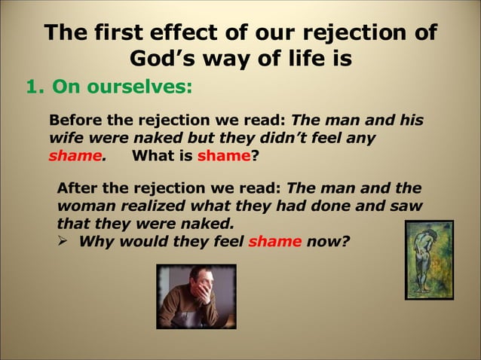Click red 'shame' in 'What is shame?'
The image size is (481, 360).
click(223, 157)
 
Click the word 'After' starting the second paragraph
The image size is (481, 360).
click(78, 188)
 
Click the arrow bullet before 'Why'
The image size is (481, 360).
click(64, 242)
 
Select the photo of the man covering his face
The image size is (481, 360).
click(196, 296)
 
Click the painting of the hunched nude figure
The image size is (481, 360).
click(429, 260)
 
